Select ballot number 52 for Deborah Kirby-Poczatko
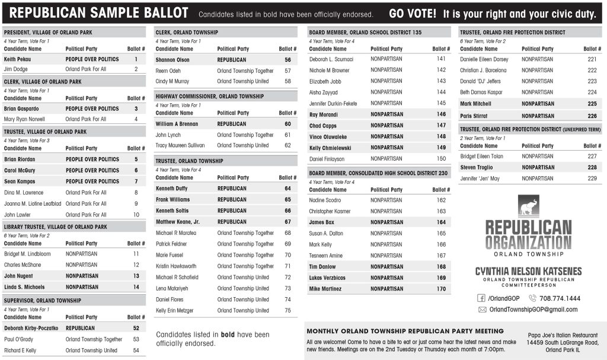coord(136,328)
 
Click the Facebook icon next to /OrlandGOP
coord(481,298)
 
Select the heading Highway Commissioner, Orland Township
coord(210,96)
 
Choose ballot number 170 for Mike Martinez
coord(441,289)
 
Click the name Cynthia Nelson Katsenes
coord(528,271)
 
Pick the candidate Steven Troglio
coord(477,168)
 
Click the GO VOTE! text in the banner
coord(413,13)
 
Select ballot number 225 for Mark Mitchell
coord(592,103)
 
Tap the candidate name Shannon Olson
coord(172,60)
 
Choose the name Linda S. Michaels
coord(24,287)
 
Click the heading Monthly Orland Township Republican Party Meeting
coord(405,331)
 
